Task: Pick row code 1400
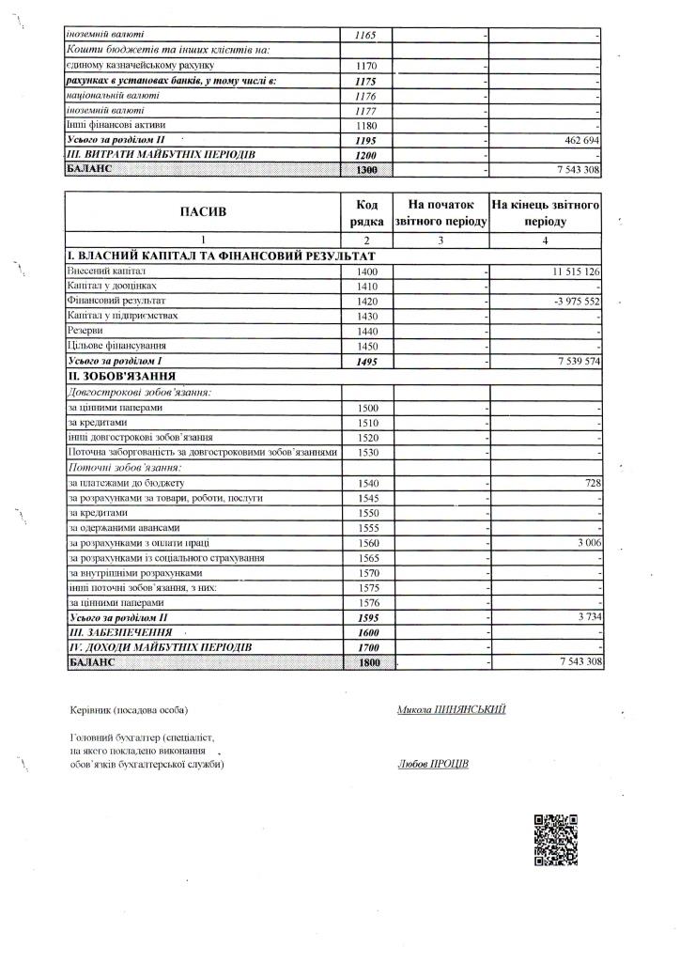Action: click(x=366, y=272)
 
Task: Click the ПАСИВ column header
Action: click(x=204, y=212)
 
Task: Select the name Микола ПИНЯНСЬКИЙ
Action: click(x=452, y=709)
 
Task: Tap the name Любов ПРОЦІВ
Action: click(x=433, y=764)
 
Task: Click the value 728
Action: click(x=591, y=482)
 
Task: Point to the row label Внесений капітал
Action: click(x=100, y=272)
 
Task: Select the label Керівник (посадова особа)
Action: click(x=130, y=710)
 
